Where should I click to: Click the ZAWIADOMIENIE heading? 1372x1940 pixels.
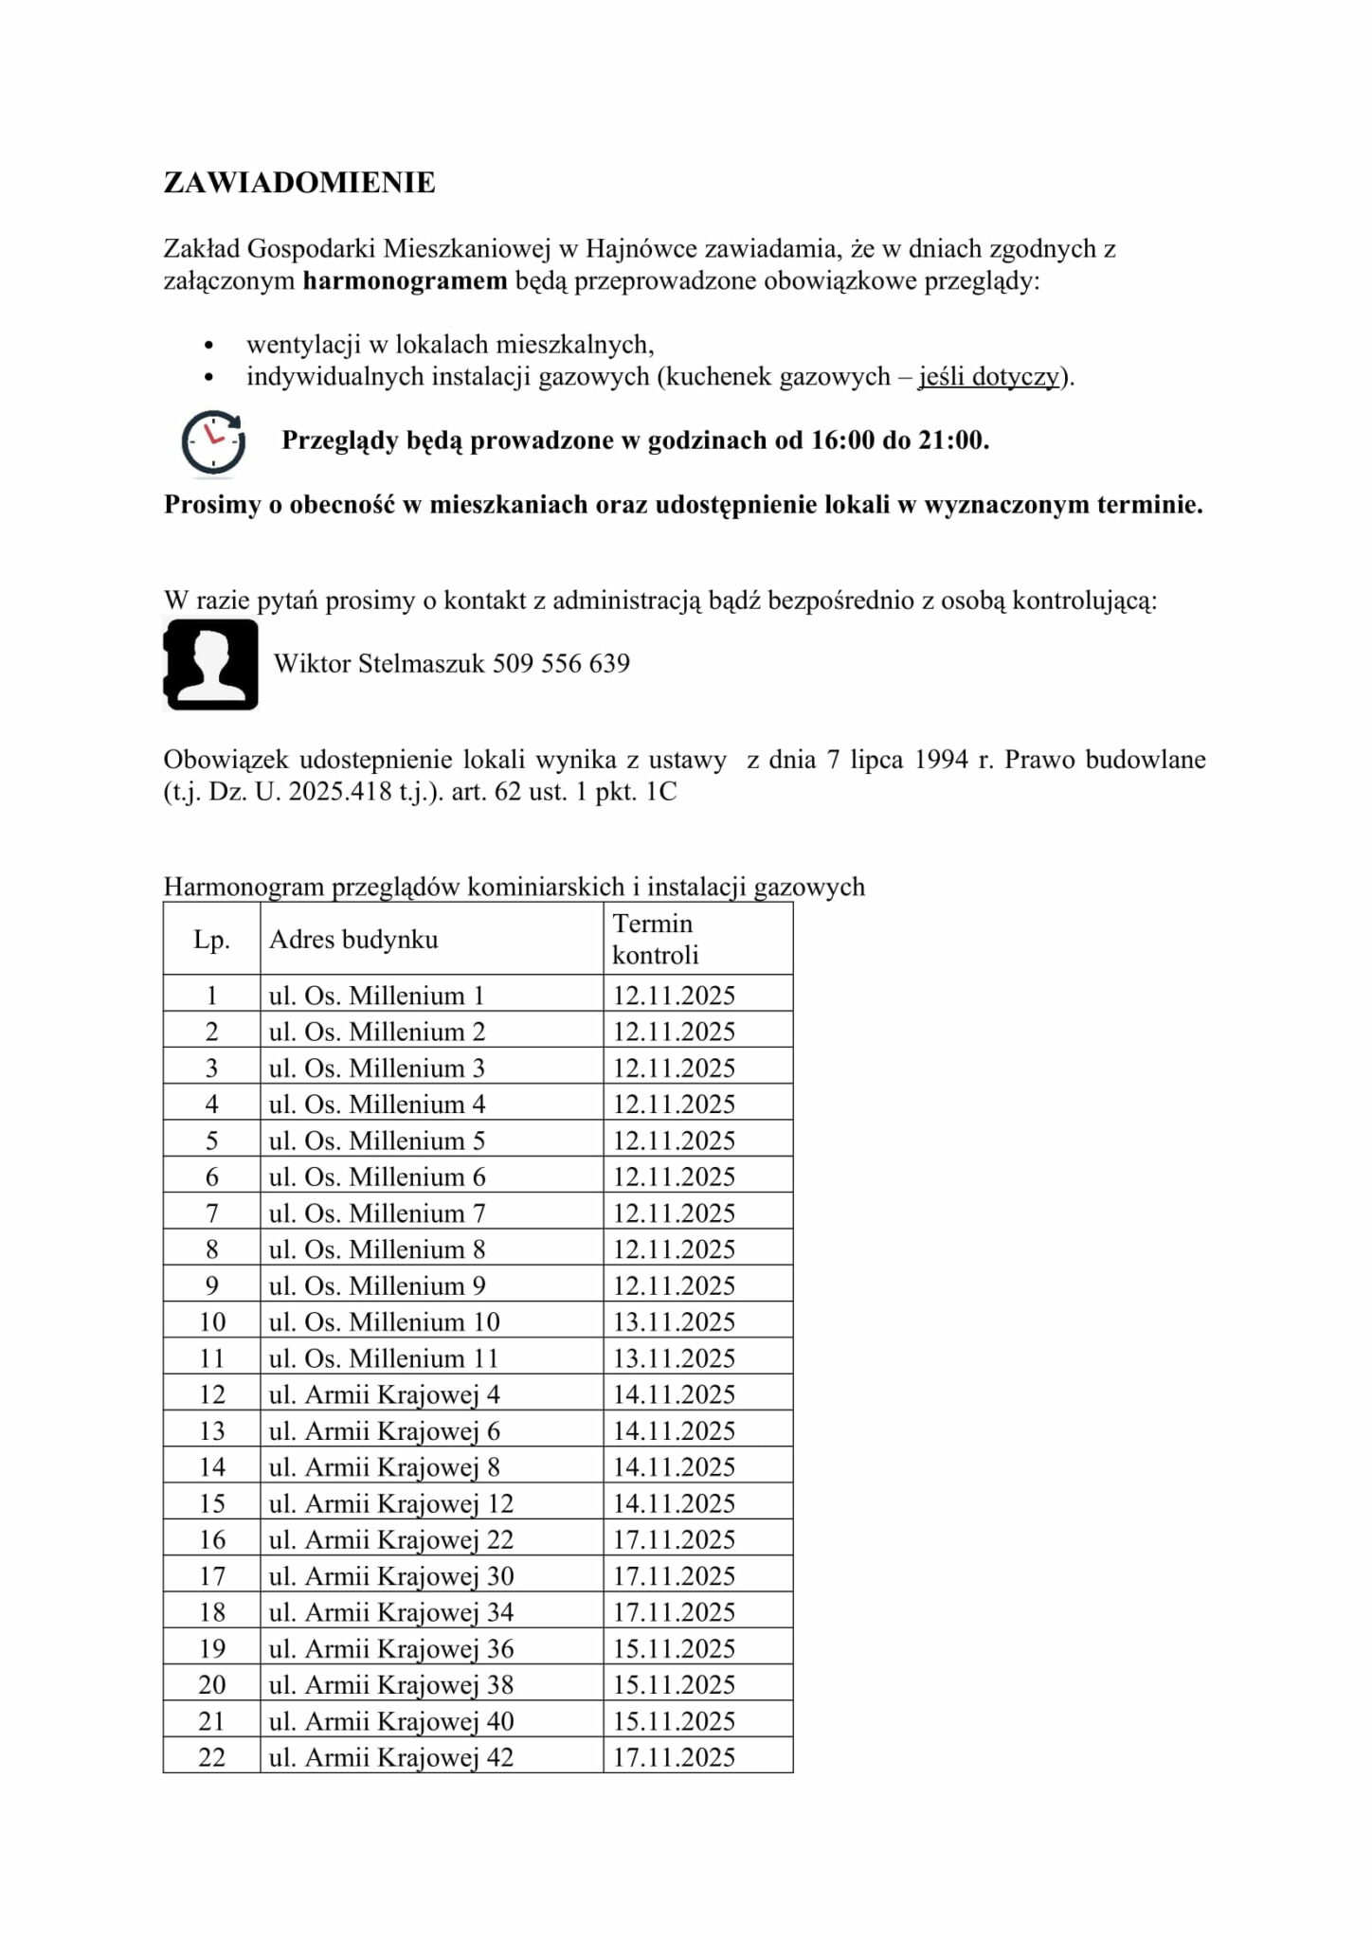[x=299, y=183]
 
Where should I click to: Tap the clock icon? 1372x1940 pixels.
[x=213, y=441]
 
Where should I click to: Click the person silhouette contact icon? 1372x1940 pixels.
[x=211, y=664]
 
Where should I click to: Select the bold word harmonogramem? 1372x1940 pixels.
[x=405, y=281]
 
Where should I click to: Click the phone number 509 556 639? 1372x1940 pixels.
[x=561, y=663]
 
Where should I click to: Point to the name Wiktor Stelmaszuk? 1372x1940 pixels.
[x=379, y=663]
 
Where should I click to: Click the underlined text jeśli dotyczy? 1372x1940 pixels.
[x=987, y=377]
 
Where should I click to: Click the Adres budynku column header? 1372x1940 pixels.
[x=353, y=940]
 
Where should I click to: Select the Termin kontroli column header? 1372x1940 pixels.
[x=654, y=939]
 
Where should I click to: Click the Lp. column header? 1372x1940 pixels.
[x=211, y=940]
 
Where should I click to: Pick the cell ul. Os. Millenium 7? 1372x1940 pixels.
[x=377, y=1213]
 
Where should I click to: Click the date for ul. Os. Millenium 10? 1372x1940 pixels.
[x=674, y=1322]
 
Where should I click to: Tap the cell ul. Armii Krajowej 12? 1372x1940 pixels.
[x=391, y=1504]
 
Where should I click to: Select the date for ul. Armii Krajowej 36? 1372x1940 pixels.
[x=674, y=1649]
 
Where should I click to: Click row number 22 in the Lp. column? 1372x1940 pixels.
[x=211, y=1758]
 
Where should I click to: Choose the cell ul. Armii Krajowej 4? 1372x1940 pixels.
[x=385, y=1395]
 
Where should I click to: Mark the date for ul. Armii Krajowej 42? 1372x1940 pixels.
[x=674, y=1758]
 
